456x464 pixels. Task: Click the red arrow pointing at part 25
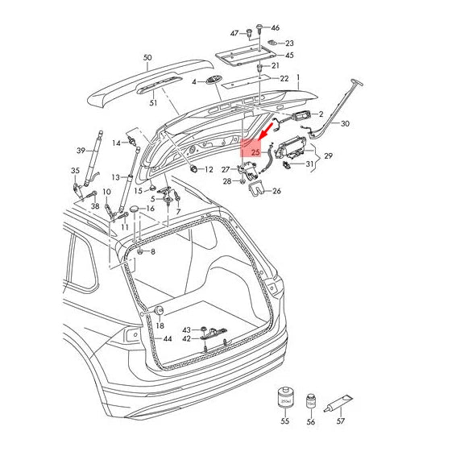(x=263, y=131)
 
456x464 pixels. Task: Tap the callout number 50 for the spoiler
(x=147, y=58)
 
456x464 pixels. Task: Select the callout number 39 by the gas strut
(x=81, y=151)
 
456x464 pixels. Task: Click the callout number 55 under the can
(x=284, y=421)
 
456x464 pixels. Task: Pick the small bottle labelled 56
(x=311, y=399)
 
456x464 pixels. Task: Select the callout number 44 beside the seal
(x=168, y=339)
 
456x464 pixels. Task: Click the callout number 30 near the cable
(x=346, y=124)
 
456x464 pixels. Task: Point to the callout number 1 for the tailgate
(x=297, y=80)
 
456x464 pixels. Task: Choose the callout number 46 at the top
(x=276, y=27)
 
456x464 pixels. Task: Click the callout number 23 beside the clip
(x=289, y=43)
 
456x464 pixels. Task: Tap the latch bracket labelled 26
(x=259, y=189)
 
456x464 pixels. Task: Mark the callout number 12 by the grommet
(x=209, y=169)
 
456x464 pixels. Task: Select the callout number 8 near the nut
(x=153, y=252)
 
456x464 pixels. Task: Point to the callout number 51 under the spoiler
(x=153, y=103)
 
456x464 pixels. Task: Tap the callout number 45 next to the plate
(x=289, y=56)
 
